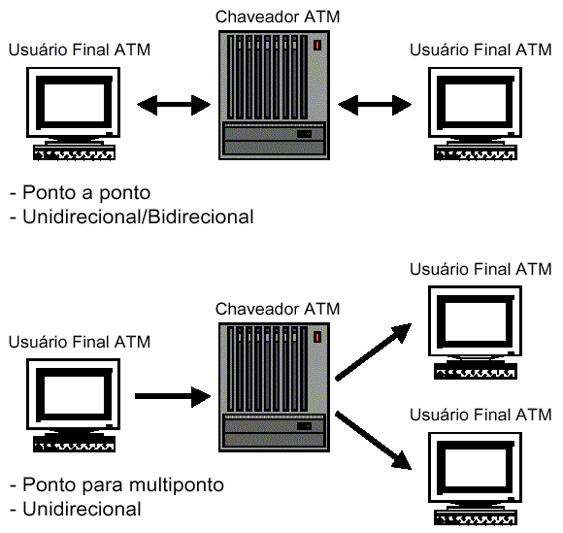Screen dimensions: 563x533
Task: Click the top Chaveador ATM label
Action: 278,17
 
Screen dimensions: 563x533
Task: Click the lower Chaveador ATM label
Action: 278,309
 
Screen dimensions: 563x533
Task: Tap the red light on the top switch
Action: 317,46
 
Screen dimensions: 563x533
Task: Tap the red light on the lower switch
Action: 317,337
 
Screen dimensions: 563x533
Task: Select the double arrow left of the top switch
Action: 174,105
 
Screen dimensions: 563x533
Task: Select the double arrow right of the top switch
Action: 375,105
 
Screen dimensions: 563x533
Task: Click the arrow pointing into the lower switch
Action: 173,396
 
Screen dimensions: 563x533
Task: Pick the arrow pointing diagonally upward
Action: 374,351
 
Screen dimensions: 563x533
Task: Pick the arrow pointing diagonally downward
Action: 374,441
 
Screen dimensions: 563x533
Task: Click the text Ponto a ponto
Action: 80,192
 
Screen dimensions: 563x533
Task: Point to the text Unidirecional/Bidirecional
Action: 132,217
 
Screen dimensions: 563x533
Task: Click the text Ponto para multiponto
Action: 116,484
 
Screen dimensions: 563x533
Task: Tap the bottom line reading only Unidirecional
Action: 76,510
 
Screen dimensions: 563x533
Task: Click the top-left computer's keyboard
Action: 74,152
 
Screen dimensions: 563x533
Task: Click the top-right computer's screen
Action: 476,103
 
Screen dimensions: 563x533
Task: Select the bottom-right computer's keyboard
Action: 476,517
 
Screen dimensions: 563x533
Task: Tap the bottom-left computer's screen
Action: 74,394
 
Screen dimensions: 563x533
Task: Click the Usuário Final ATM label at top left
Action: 80,50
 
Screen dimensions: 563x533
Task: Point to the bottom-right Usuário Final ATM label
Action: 480,415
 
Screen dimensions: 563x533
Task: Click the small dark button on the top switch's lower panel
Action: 304,134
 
